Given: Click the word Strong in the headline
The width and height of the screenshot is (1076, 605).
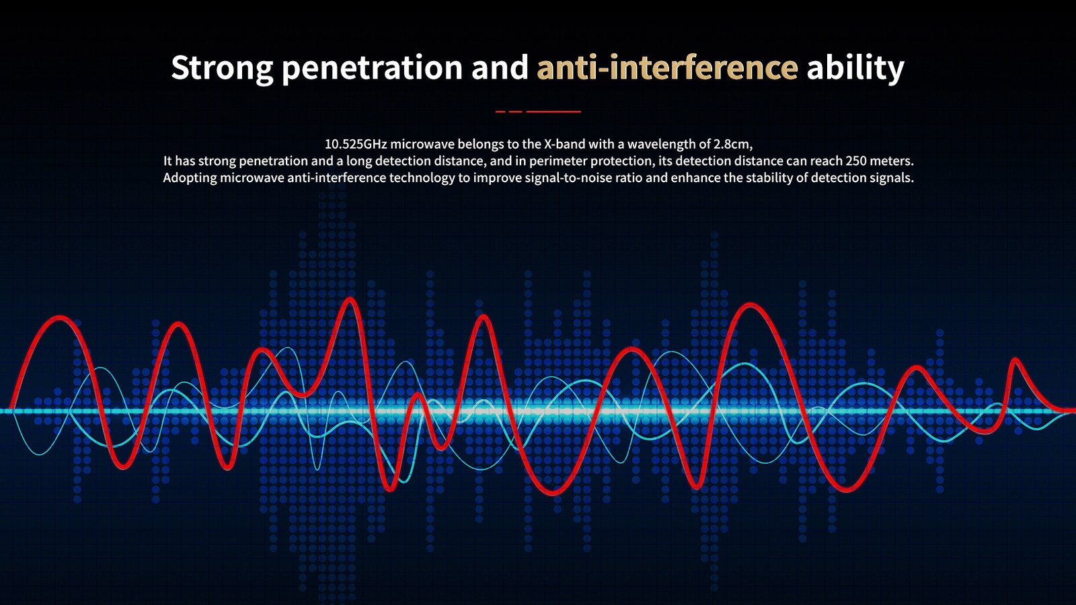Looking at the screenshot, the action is click(x=223, y=68).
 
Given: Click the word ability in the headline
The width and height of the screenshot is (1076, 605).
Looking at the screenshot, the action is click(x=855, y=68).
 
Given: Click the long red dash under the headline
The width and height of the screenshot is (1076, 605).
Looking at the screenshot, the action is click(x=553, y=112).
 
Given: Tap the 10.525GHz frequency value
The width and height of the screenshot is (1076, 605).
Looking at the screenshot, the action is click(x=356, y=144).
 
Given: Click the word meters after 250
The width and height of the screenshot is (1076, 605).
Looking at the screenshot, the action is click(x=891, y=161).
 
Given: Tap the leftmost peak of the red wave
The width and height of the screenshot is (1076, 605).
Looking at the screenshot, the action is click(x=59, y=317).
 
